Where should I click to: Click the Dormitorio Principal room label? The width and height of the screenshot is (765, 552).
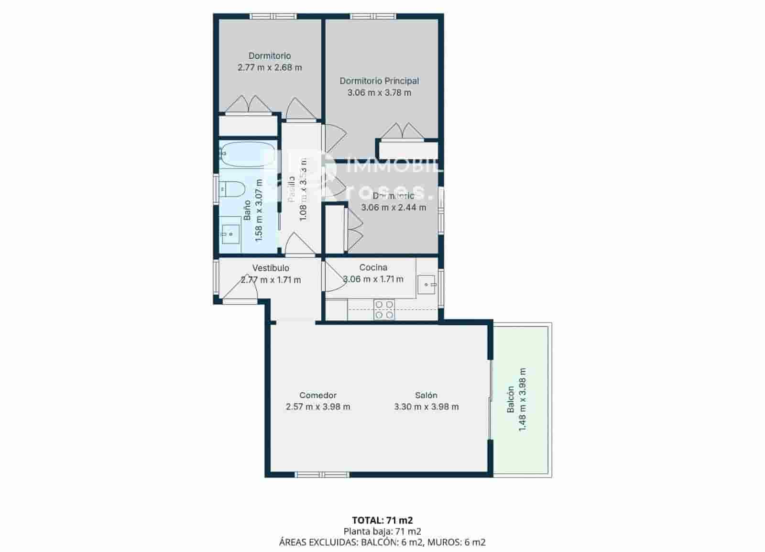[x=379, y=81]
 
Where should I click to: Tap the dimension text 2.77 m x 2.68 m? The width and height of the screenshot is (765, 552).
[x=270, y=67]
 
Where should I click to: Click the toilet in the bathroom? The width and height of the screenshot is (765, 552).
[x=231, y=189]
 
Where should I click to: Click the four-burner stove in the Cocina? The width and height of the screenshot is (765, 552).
[x=384, y=309]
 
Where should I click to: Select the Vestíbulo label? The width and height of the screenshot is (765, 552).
[x=271, y=268]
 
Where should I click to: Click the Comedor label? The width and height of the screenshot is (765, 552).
[x=318, y=395]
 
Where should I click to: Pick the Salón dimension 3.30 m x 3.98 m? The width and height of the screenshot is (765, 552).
[x=426, y=407]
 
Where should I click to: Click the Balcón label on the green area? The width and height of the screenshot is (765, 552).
[x=511, y=399]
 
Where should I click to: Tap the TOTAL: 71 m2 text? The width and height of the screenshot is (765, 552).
[x=382, y=520]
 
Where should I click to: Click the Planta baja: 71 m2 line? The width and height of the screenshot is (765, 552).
[x=382, y=531]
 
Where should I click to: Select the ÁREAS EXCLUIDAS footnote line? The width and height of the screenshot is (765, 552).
[x=382, y=542]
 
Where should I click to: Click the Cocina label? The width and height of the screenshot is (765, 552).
[x=373, y=267]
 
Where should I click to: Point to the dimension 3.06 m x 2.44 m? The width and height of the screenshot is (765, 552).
[x=393, y=208]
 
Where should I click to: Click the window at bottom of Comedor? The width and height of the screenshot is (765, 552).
[x=322, y=475]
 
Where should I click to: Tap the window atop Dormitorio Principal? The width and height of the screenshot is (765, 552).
[x=372, y=16]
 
